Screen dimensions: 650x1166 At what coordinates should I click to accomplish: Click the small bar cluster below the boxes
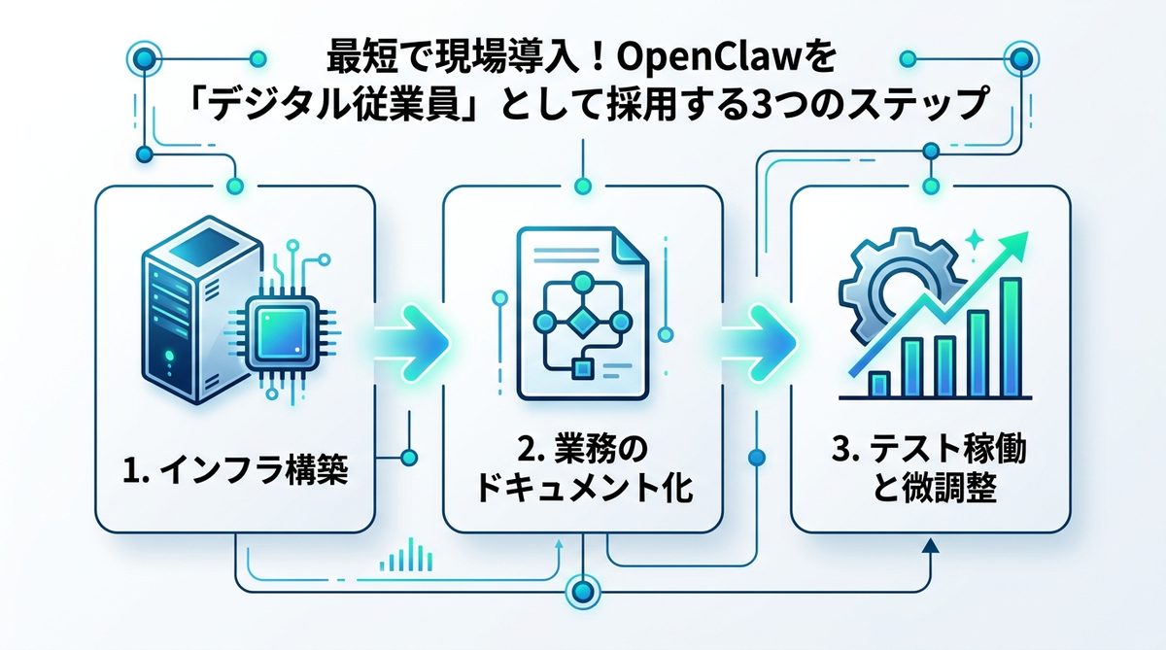405,557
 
